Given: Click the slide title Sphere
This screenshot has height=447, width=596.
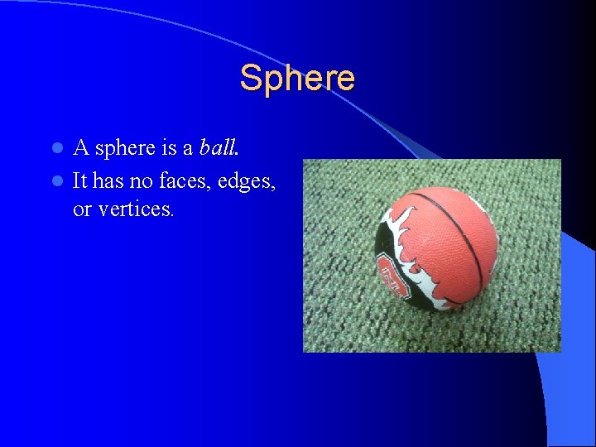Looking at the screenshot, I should [x=297, y=79].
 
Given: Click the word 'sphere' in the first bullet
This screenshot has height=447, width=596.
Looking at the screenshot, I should [x=125, y=149].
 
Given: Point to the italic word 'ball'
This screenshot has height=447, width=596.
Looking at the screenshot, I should [x=218, y=148].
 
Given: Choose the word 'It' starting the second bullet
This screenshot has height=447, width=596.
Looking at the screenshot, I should [x=79, y=180].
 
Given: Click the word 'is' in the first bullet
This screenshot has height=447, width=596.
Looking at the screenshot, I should [x=169, y=148].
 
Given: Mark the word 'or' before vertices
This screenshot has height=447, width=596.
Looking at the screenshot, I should [x=82, y=210].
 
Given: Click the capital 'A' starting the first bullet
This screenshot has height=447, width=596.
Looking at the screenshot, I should [x=81, y=148].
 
